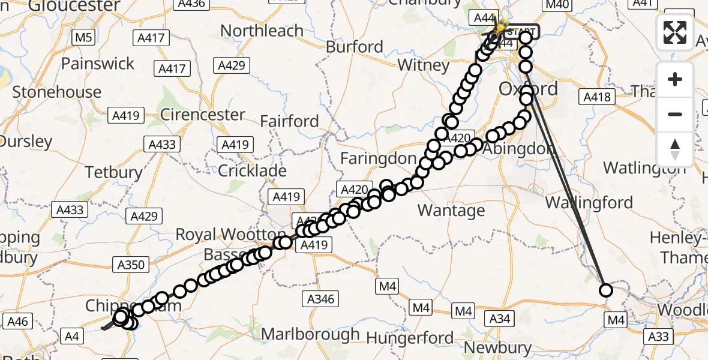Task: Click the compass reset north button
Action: point(675,149)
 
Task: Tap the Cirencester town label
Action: point(203,115)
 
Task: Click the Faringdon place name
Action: point(378,159)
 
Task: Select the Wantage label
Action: point(451,210)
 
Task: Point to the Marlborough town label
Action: point(311,334)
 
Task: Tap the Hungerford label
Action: point(410,338)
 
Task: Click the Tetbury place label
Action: point(113,172)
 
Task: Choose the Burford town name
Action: point(354,47)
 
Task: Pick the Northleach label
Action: point(262,31)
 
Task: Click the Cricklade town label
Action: point(252,171)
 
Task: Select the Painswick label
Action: point(97,64)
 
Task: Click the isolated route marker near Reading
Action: point(605,290)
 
